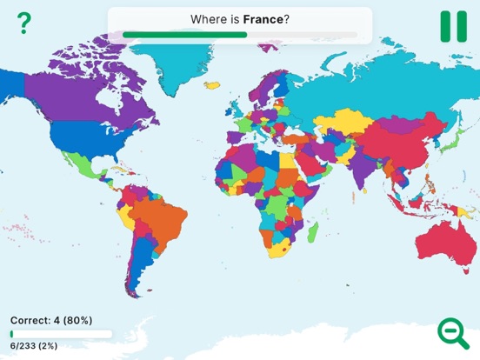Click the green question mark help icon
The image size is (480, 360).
(23, 23)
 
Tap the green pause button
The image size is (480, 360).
(452, 25)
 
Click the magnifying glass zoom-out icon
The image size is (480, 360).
(451, 332)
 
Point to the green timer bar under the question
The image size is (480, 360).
(184, 35)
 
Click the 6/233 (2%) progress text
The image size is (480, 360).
(34, 346)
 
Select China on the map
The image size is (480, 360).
(391, 143)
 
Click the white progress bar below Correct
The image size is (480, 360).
(61, 333)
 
